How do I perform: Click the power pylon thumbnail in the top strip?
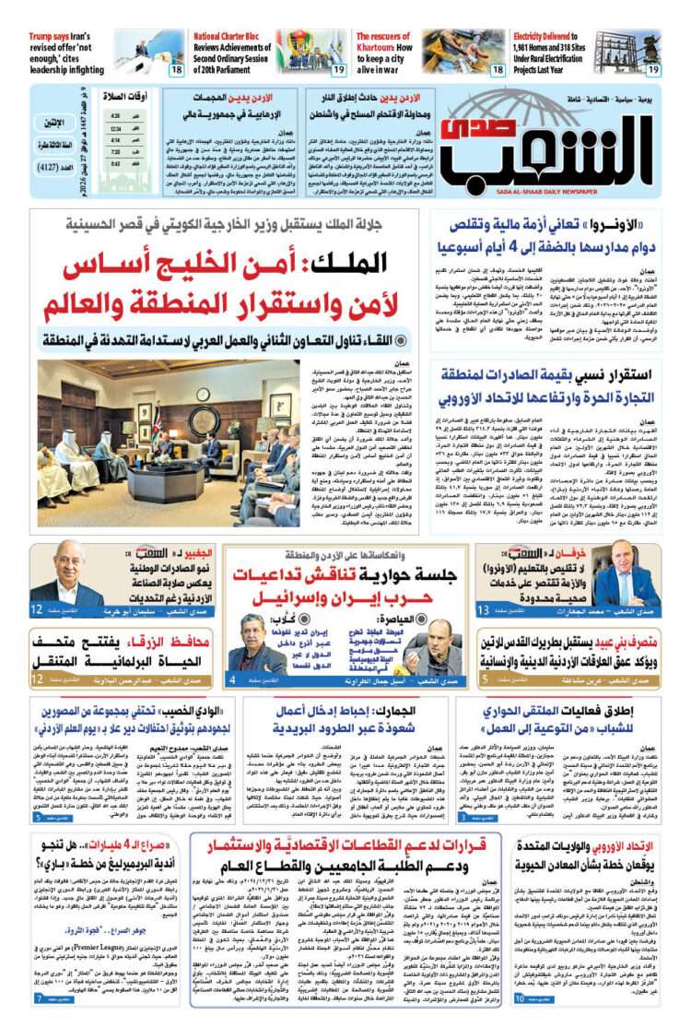(x=627, y=51)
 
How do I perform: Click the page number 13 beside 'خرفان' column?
(x=482, y=610)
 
